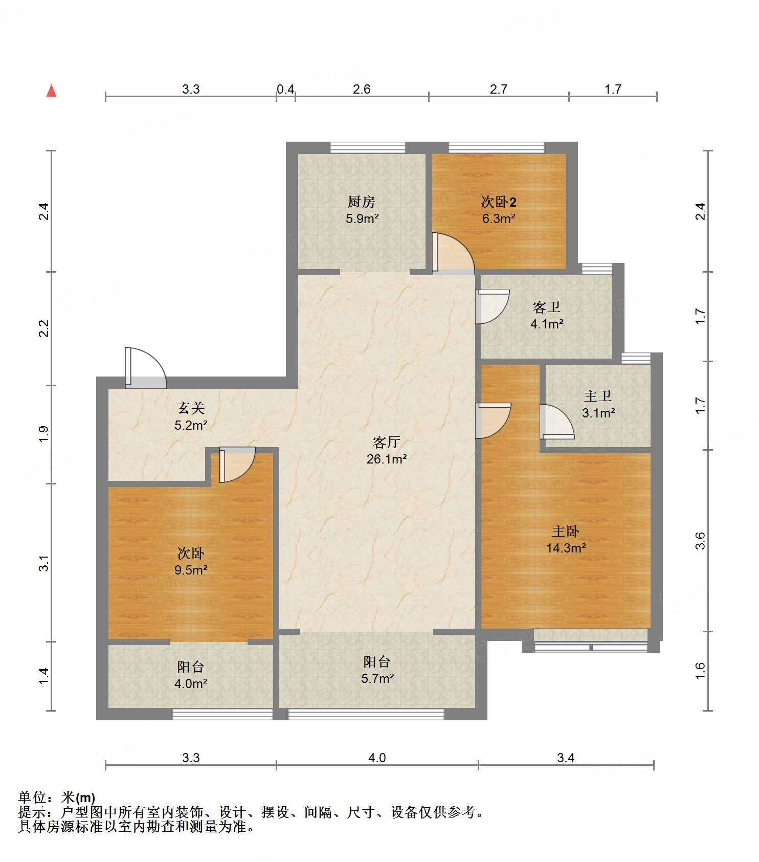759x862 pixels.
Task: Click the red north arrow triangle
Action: (51, 91)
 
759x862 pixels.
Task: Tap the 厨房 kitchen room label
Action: (362, 202)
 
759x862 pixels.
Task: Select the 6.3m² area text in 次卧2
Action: (499, 218)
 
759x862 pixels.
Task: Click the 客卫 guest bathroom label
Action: (547, 307)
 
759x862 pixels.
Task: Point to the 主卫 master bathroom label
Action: (598, 396)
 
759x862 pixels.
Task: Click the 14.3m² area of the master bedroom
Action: (566, 548)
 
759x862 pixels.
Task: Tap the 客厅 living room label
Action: (386, 442)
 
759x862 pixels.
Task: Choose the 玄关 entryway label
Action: (191, 408)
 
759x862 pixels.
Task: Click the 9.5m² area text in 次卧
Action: (191, 570)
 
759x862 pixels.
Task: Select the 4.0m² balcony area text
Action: (191, 683)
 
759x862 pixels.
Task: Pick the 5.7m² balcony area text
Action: (377, 678)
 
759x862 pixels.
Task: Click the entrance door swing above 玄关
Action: (146, 368)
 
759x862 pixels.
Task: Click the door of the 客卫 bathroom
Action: (493, 307)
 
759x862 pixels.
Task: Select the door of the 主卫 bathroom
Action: (557, 422)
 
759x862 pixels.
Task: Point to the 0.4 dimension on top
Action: (285, 90)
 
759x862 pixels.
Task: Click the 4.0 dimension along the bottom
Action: (377, 758)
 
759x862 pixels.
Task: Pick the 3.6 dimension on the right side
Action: (700, 541)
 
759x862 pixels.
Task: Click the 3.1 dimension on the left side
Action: (44, 563)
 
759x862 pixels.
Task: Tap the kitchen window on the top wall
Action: (368, 147)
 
